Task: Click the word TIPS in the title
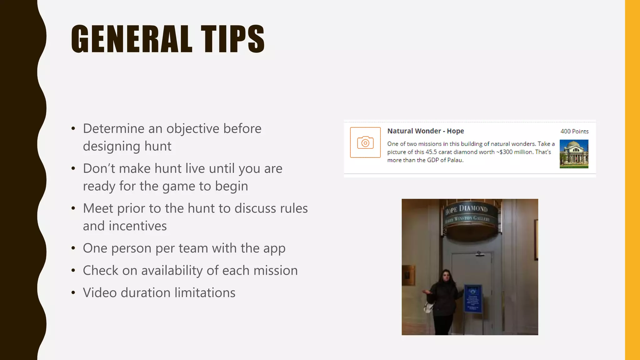click(x=233, y=39)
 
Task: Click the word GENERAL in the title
click(x=132, y=39)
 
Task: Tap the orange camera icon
click(x=365, y=142)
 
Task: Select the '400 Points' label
click(x=574, y=131)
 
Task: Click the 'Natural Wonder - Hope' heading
click(x=425, y=131)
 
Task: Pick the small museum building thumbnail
click(x=574, y=154)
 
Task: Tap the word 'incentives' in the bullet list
click(x=137, y=226)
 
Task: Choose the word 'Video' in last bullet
click(x=100, y=293)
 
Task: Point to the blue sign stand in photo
click(x=473, y=298)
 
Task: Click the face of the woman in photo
click(x=445, y=277)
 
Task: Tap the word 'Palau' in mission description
click(x=455, y=160)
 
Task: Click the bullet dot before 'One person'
click(x=73, y=248)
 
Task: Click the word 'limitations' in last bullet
click(x=205, y=293)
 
